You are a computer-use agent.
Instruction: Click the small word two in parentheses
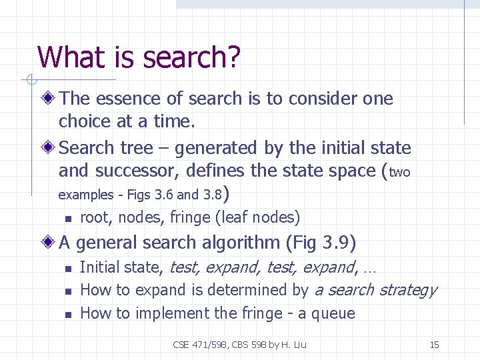coord(399,173)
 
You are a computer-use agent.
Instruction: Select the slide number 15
coord(434,345)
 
